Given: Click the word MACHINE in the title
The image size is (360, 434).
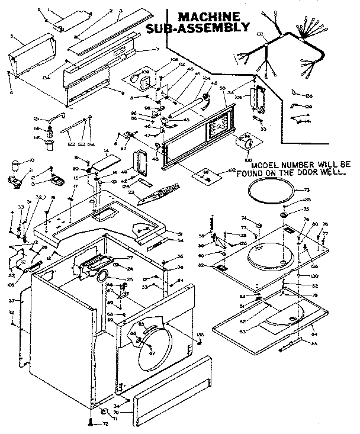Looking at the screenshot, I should tap(201, 16).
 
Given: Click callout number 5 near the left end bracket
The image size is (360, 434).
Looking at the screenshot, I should tap(11, 36).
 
